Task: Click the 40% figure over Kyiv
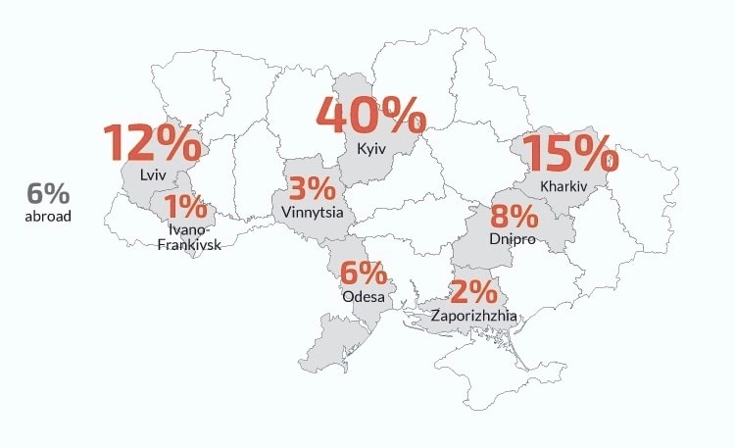coord(370,117)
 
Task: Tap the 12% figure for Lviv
coord(153,143)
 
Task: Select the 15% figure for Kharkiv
coord(570,155)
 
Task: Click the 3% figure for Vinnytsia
coord(311,188)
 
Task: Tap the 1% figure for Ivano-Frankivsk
coord(186,207)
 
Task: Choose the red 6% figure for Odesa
coord(364,274)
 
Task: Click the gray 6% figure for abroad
coord(48,193)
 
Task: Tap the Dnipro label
coord(513,239)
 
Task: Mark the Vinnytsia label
coord(311,211)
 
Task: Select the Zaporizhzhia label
coord(474,316)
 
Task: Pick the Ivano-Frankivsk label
coord(189,236)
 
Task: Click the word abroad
coord(48,216)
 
